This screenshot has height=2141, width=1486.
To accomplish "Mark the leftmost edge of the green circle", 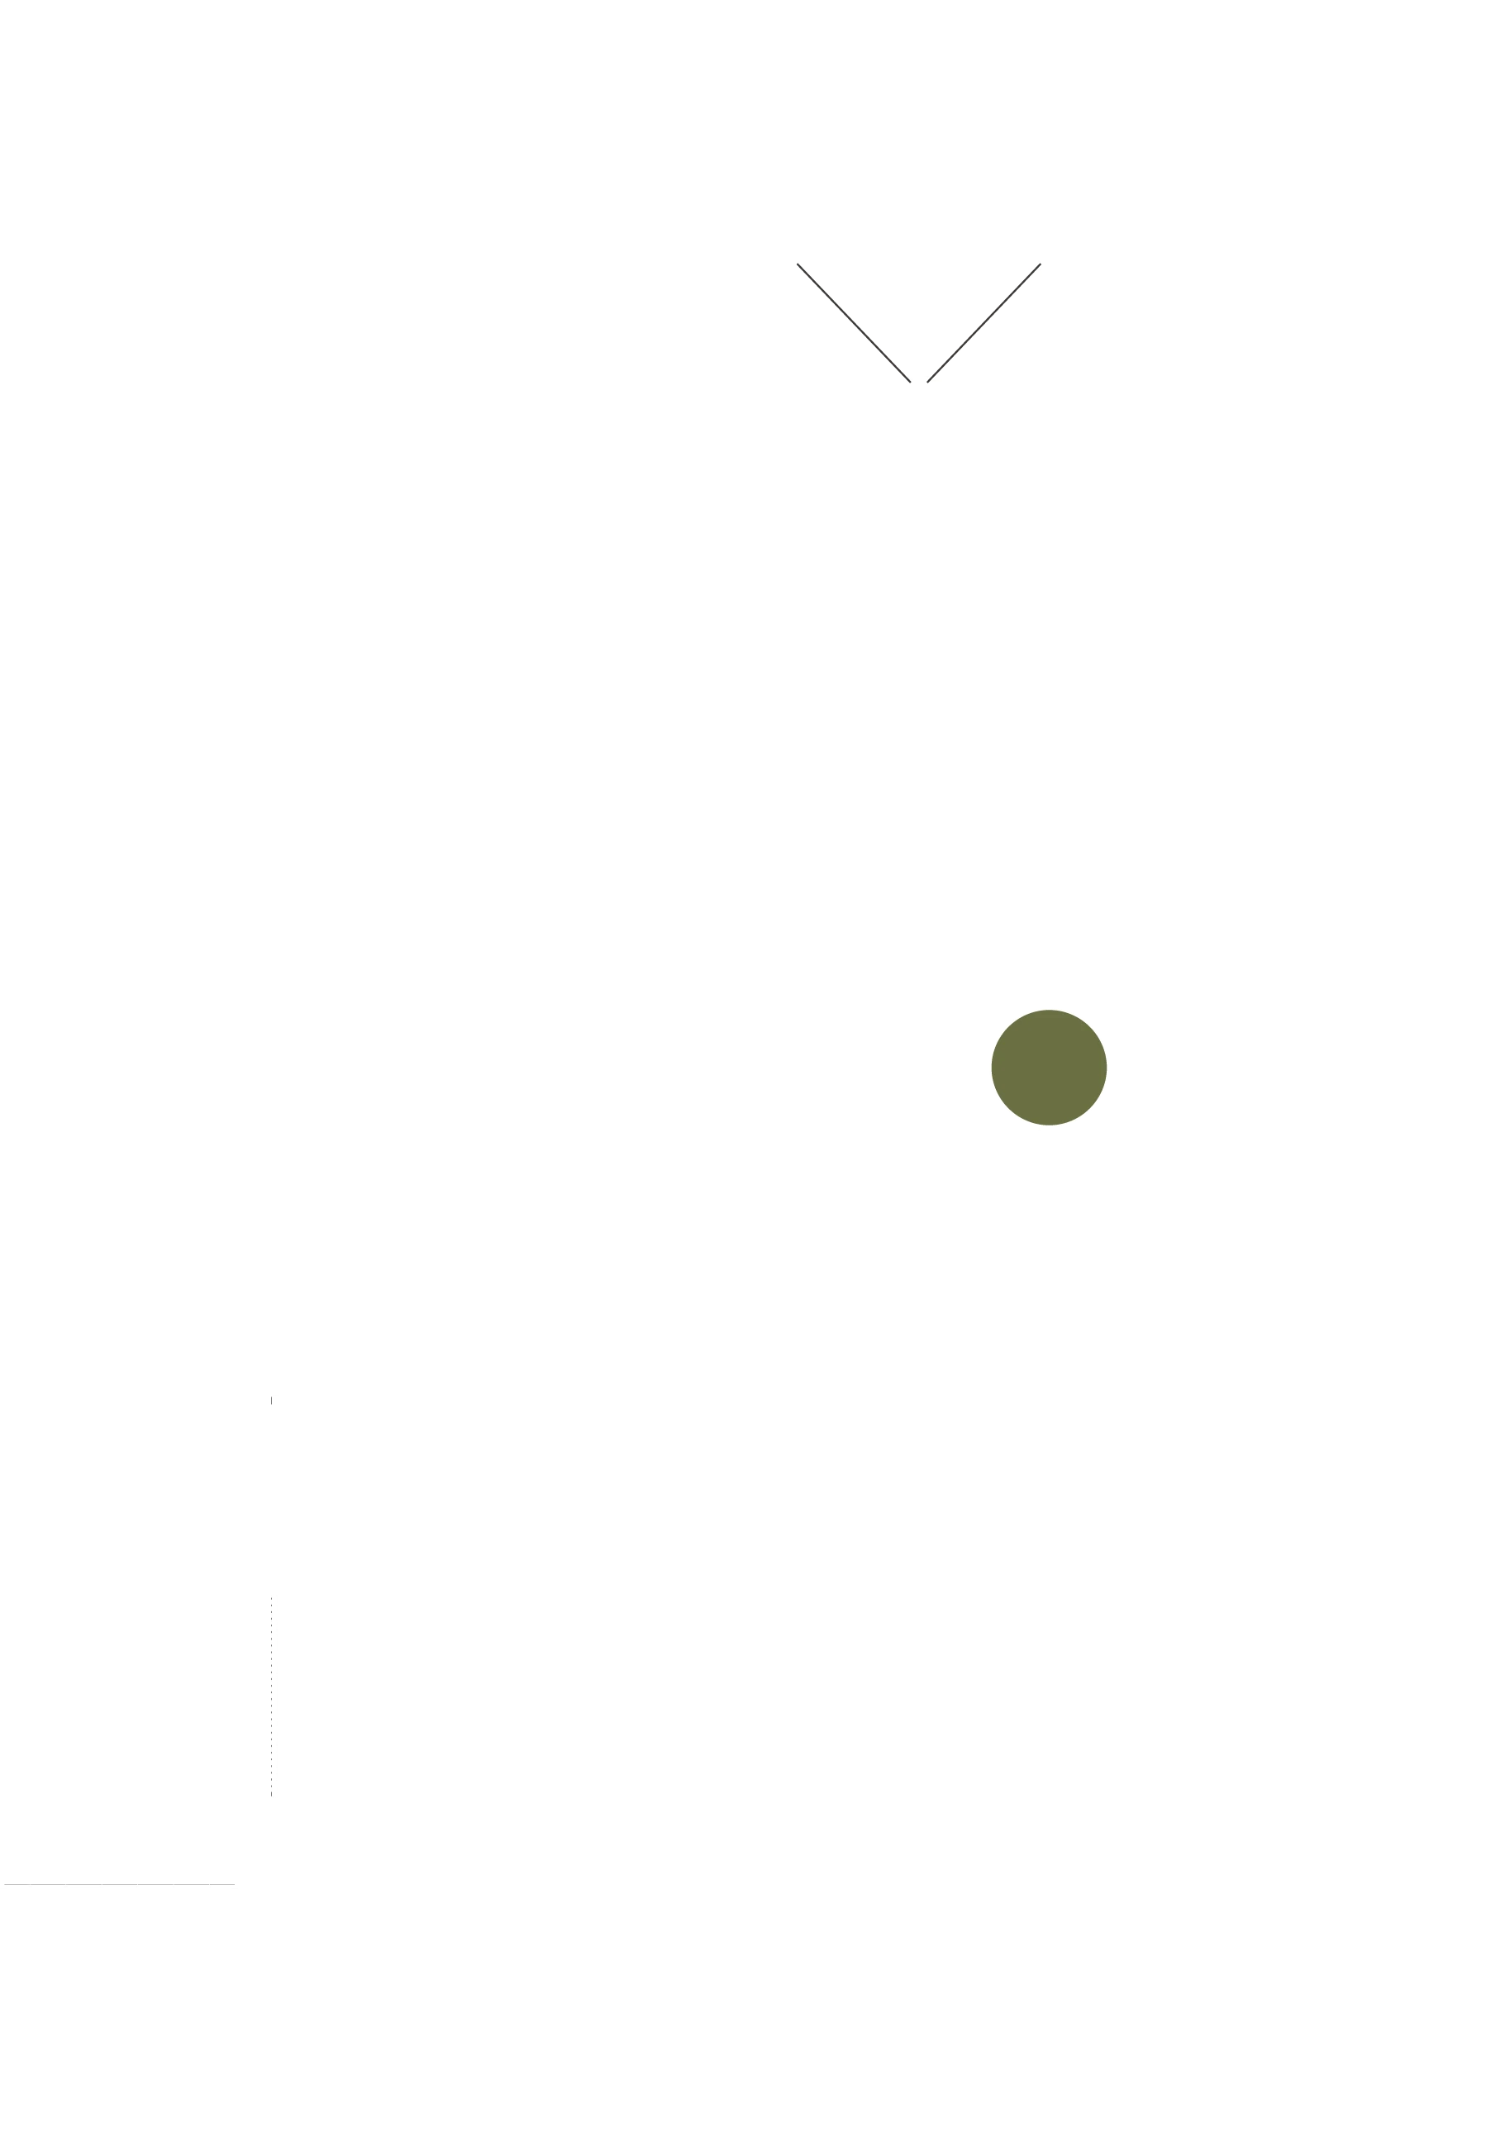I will [x=992, y=1068].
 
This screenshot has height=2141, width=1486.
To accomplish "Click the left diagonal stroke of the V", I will [x=853, y=322].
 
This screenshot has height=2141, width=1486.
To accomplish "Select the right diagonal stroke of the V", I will [x=984, y=322].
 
